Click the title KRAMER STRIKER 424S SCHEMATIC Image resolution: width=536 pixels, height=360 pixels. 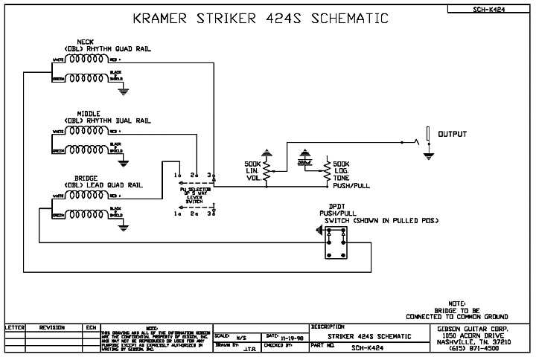coord(260,18)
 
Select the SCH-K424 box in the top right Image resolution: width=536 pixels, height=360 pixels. coord(489,10)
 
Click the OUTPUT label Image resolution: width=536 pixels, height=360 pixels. coord(453,135)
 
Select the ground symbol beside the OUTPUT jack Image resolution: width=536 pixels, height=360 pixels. coord(428,155)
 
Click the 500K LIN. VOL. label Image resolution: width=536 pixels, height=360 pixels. coord(253,172)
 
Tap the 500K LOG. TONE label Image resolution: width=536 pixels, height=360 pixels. coord(342,173)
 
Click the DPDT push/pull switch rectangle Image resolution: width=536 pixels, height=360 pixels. coord(336,243)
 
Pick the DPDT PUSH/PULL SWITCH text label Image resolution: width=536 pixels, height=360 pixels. coord(368,216)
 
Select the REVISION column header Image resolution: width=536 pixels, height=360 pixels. coord(52,327)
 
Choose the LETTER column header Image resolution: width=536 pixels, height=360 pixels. coord(15,327)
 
